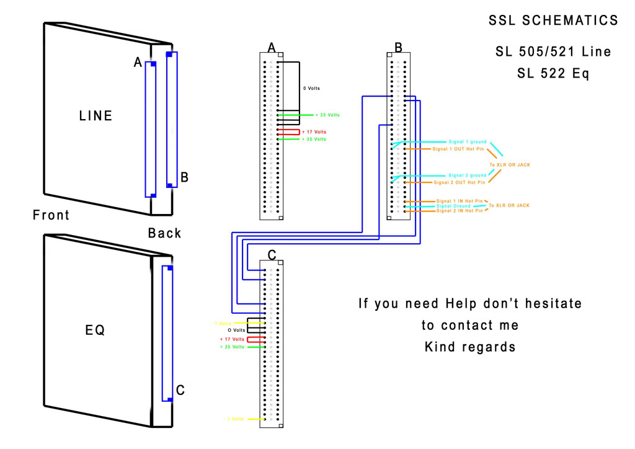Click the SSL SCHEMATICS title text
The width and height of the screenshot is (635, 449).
coord(553,20)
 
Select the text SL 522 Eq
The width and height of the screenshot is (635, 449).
coord(553,73)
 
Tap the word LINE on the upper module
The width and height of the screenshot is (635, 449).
coord(96,115)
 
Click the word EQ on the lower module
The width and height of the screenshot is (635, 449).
coord(95,331)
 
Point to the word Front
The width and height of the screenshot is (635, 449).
coord(51,215)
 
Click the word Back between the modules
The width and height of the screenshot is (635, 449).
coord(165,233)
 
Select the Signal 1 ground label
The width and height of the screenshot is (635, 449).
coord(468,142)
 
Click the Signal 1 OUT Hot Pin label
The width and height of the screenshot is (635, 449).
coord(459,149)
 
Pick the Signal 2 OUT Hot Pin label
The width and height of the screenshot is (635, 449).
coord(460,182)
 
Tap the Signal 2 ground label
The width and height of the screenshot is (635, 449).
coord(468,176)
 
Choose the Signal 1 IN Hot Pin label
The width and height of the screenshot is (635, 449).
coord(459,201)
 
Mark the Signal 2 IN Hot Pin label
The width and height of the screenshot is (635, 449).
coord(459,211)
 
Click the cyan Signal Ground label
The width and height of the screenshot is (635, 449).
coord(453,206)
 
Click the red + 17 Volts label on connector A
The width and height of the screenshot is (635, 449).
coord(314,132)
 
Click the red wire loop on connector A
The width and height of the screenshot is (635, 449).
coord(289,132)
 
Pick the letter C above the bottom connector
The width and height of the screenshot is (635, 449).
coord(272,254)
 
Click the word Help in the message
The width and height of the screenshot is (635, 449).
coord(463,304)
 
